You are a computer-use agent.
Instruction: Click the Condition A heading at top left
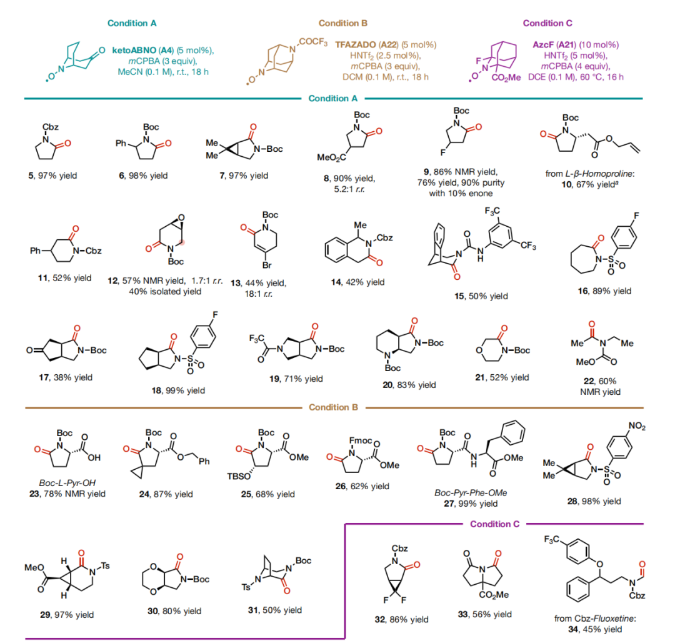tap(132, 23)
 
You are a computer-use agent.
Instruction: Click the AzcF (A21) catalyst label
tap(554, 45)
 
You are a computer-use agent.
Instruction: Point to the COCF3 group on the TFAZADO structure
tap(313, 42)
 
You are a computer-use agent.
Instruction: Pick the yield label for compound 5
tap(52, 176)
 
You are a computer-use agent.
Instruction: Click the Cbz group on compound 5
tap(51, 127)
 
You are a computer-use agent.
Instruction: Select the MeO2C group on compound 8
tap(331, 157)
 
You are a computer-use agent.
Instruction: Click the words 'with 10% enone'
tap(461, 193)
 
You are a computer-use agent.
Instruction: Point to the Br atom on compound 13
tap(267, 265)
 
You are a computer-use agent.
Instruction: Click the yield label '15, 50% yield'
tap(481, 296)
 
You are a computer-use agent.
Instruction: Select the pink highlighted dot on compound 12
tap(182, 242)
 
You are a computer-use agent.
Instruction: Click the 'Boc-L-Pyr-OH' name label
tap(67, 483)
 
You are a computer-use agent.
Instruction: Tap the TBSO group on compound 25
tap(239, 476)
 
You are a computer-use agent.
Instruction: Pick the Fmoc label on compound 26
tap(360, 440)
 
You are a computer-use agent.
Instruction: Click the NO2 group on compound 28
tap(637, 426)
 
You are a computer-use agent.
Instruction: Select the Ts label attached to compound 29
tap(105, 565)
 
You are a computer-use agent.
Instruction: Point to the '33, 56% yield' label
tap(485, 614)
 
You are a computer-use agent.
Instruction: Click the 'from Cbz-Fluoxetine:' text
tap(595, 619)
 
